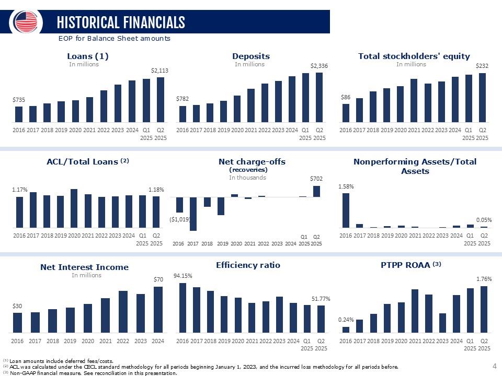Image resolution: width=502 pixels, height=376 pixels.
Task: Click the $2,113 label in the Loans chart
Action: tap(159, 70)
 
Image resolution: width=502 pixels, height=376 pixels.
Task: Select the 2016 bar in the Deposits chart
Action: tap(182, 114)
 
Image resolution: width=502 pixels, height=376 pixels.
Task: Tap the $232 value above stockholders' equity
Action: tap(482, 66)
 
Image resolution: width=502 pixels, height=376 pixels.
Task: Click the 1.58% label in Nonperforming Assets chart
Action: tap(346, 185)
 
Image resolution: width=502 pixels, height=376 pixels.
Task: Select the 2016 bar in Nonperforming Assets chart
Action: tap(346, 210)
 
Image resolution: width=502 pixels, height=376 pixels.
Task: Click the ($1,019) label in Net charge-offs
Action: tap(179, 220)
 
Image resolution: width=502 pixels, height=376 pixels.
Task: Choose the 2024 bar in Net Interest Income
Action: tap(158, 309)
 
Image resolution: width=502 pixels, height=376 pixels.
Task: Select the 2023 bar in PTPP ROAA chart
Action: tap(443, 322)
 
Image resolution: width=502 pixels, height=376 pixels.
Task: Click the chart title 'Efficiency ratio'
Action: tap(248, 265)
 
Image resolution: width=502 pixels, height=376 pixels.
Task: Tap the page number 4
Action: tap(495, 367)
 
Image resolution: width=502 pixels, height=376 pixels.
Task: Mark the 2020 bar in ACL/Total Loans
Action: tap(74, 208)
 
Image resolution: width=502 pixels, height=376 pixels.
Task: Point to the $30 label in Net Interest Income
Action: tap(17, 306)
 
